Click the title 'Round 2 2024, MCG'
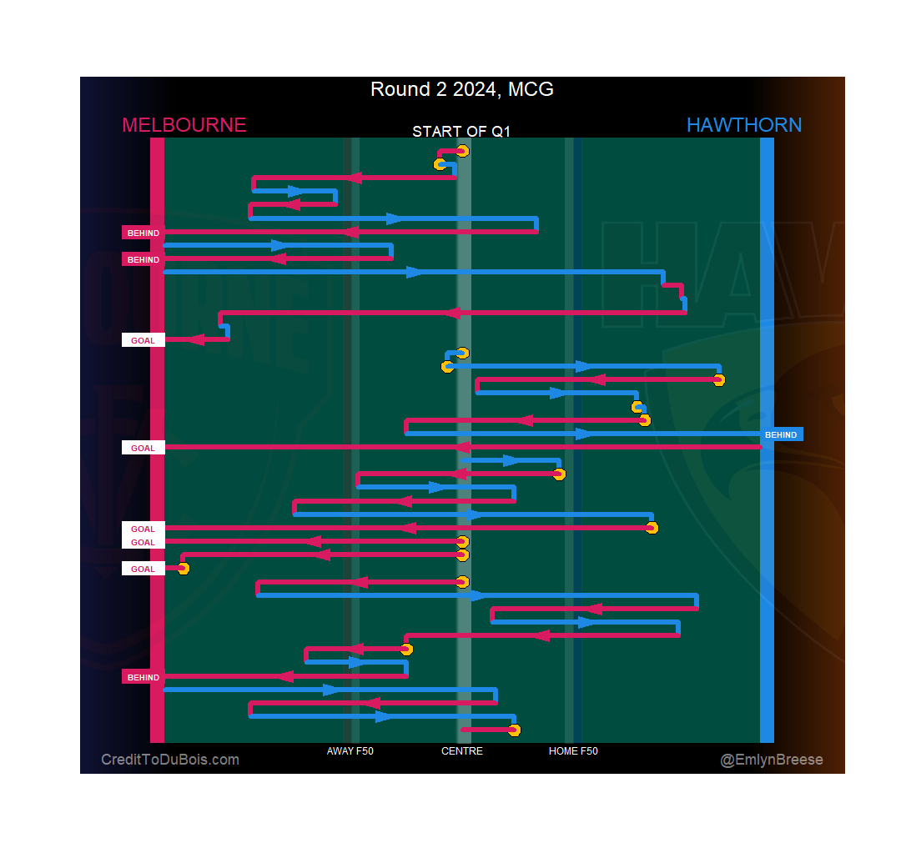461,89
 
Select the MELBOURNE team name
184,125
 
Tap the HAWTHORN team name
743,125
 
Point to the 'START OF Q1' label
461,132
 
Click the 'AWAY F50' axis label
350,751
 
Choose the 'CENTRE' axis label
461,751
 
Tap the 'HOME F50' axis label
573,751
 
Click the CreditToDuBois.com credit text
170,760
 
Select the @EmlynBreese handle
772,760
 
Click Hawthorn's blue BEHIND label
781,434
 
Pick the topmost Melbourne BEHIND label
143,233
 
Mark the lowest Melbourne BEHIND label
143,677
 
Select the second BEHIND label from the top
143,259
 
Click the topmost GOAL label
143,340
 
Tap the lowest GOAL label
143,569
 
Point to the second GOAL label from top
143,448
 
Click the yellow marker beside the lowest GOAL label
184,569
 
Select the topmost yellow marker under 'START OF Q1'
462,151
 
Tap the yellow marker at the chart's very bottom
514,730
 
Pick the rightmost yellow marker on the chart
719,380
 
